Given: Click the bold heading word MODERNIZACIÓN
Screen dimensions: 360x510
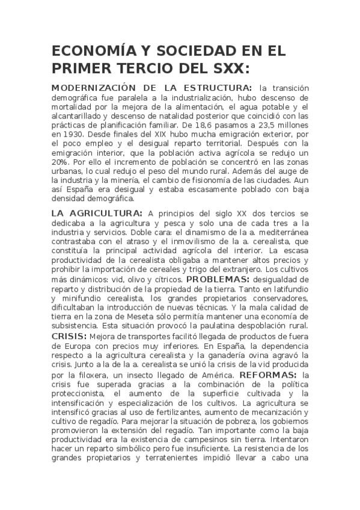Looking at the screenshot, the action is (x=94, y=87).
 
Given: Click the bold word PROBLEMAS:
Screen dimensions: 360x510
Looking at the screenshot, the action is (x=218, y=280).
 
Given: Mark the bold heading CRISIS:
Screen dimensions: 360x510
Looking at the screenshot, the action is (x=69, y=336).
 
